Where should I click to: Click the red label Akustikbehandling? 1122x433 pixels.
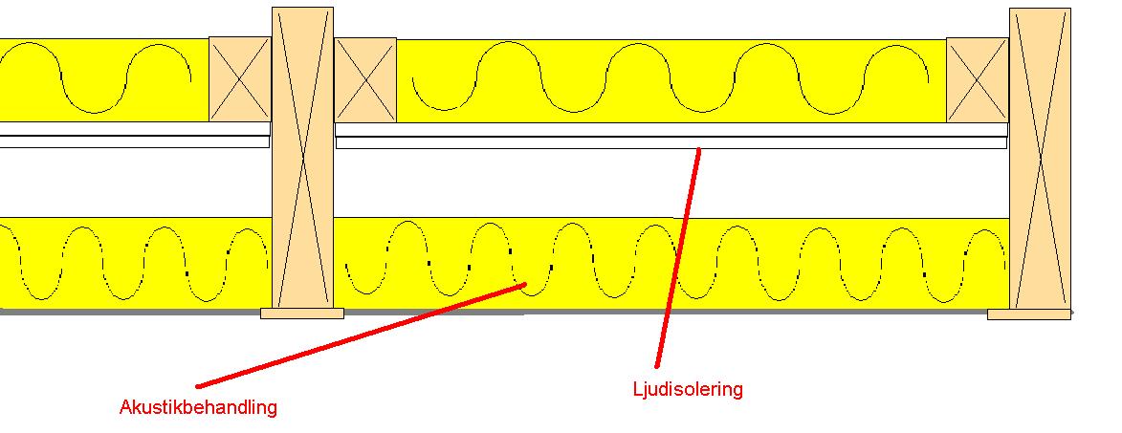(198, 408)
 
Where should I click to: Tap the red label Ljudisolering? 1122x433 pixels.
(688, 389)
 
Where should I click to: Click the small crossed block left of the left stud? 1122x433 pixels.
(240, 79)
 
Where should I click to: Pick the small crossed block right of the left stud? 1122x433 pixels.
(365, 79)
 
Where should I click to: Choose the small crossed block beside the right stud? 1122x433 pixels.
(978, 80)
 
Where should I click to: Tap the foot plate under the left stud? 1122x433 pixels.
(302, 313)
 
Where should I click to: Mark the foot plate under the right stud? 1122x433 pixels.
(1029, 314)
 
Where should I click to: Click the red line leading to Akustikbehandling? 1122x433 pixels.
(362, 336)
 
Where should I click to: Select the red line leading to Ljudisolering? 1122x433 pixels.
(677, 257)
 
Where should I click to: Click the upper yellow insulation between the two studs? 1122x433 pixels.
(671, 80)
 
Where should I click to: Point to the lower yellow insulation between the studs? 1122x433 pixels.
(671, 264)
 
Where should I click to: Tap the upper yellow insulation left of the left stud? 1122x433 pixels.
(104, 80)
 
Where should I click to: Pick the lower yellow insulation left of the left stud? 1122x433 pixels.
(136, 263)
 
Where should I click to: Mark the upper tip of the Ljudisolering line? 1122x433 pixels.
(699, 148)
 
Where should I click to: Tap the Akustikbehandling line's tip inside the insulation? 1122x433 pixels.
(526, 285)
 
